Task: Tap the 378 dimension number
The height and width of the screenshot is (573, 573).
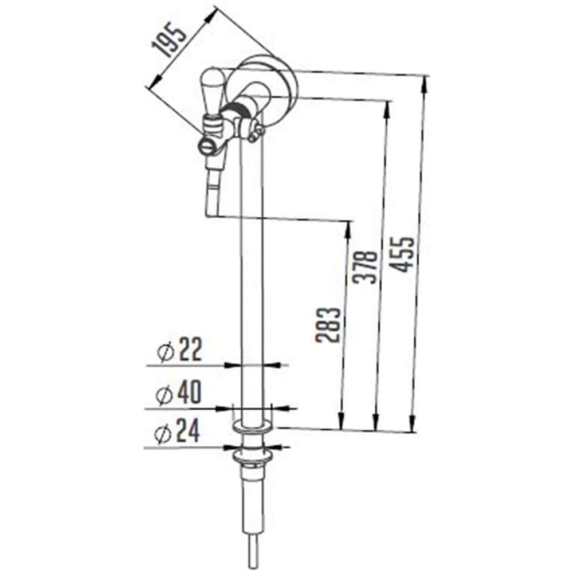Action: (366, 267)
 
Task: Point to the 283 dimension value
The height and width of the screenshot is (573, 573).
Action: (328, 325)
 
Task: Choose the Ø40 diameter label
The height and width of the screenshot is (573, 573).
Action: (178, 393)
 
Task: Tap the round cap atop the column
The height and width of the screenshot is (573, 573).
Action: (269, 83)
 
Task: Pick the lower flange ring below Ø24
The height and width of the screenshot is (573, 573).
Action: (252, 457)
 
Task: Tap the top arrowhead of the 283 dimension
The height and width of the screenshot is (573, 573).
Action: (347, 226)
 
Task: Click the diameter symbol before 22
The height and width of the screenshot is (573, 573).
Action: (166, 352)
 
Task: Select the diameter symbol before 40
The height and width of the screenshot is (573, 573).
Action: (164, 394)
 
